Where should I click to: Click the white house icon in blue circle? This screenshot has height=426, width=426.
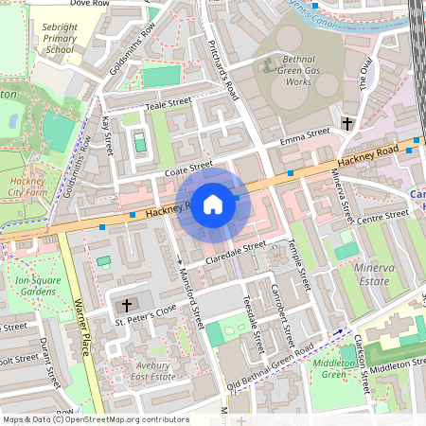[213, 204]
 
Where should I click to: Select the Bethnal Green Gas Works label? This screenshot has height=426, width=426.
[284, 71]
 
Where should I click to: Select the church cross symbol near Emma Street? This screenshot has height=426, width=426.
[347, 124]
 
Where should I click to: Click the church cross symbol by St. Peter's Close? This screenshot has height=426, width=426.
[129, 307]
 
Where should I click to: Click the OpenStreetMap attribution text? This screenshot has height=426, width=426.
[95, 419]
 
